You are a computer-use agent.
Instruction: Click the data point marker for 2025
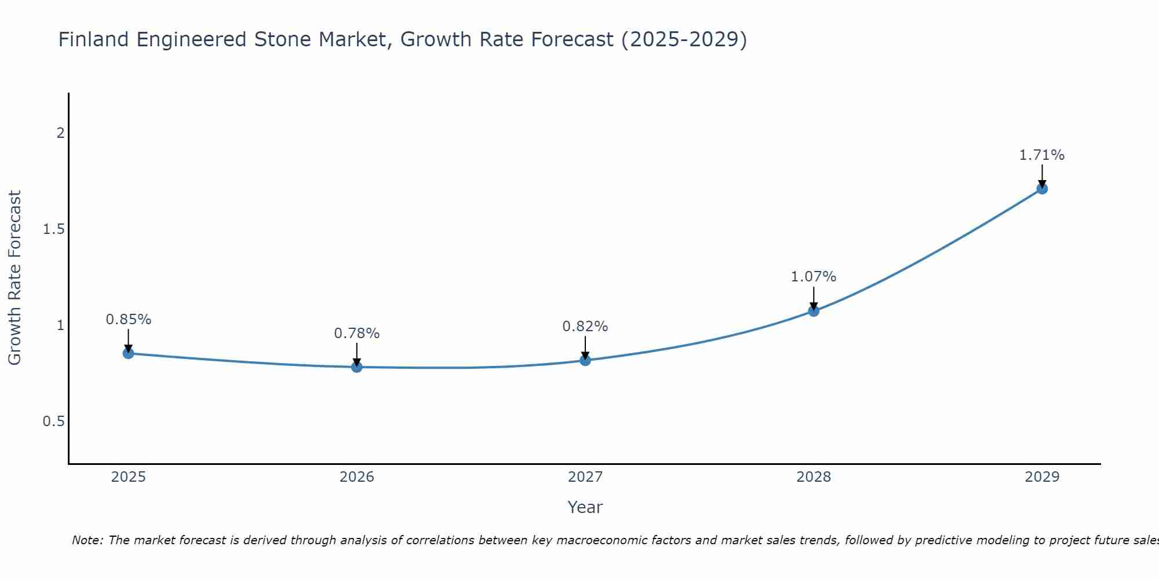tap(129, 353)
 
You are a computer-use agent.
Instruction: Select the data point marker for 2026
tap(357, 367)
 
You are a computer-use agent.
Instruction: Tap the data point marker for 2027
tap(585, 360)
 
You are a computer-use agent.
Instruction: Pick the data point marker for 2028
tap(814, 311)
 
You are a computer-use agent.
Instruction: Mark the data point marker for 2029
tap(1042, 188)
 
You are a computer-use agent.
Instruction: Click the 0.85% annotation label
tap(129, 320)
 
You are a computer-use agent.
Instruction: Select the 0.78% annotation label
tap(357, 334)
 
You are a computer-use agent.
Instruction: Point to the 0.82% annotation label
tap(585, 327)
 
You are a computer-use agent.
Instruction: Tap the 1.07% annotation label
tap(814, 277)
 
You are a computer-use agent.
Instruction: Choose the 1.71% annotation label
tap(1042, 155)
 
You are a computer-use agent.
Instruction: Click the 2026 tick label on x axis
tap(357, 477)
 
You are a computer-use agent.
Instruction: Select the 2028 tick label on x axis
tap(814, 477)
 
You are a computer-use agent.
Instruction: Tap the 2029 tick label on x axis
tap(1042, 477)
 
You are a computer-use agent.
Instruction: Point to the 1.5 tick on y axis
tap(53, 229)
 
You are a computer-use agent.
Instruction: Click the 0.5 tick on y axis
tap(53, 422)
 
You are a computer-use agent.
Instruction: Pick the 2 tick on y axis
tap(60, 133)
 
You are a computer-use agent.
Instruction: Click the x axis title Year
tap(585, 507)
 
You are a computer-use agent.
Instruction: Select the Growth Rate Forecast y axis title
tap(15, 278)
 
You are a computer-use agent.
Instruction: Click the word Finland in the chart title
tap(93, 40)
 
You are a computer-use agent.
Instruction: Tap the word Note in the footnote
tap(87, 540)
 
